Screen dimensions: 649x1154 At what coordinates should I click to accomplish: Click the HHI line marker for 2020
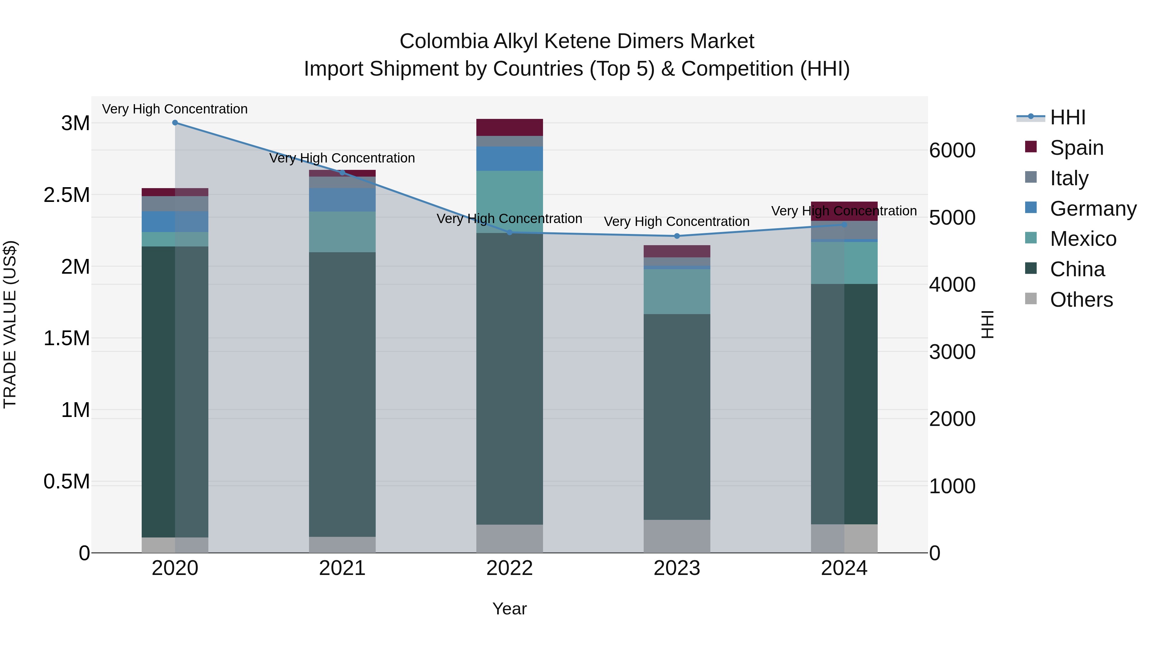[175, 123]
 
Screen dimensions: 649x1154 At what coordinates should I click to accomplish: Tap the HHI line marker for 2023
[677, 236]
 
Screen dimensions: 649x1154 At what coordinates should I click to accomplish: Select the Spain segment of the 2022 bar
[509, 127]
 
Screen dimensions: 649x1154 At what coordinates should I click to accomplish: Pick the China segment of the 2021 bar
[342, 394]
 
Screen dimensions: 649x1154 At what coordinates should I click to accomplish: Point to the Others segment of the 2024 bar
[844, 538]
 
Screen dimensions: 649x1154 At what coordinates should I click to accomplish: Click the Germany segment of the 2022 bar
[509, 159]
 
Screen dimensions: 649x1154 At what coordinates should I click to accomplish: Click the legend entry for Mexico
[1083, 239]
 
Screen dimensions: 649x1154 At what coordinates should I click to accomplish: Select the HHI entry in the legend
[1067, 117]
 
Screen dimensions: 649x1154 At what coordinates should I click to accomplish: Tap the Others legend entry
[1081, 300]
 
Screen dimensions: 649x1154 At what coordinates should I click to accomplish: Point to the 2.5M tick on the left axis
[66, 195]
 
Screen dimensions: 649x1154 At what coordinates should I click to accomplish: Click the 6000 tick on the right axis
[952, 151]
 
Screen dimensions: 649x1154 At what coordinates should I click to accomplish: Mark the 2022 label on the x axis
[509, 568]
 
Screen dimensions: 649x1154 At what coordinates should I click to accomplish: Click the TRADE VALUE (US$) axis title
[10, 324]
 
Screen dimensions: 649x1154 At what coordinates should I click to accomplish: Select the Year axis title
[509, 609]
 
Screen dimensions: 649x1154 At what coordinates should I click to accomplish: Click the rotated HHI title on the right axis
[987, 324]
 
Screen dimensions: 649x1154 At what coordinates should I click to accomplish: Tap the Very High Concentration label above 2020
[175, 109]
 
